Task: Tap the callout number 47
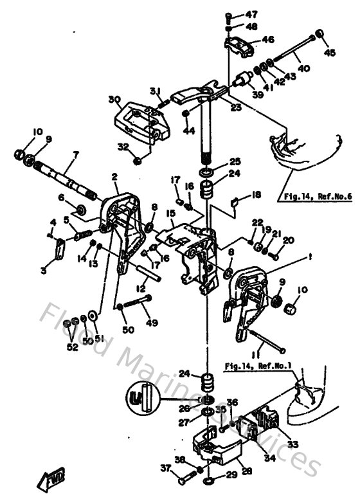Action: coord(251,14)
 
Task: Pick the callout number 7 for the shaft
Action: coord(75,155)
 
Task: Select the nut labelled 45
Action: coord(319,35)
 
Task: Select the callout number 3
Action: coord(44,271)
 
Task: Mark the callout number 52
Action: coord(72,347)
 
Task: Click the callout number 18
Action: coord(256,195)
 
